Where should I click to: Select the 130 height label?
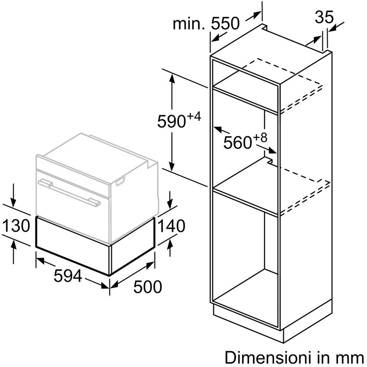click(16, 226)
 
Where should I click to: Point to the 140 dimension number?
click(171, 226)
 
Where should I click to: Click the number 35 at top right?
click(324, 17)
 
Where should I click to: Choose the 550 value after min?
click(225, 24)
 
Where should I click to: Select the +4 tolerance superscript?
click(194, 117)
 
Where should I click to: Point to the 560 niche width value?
click(237, 143)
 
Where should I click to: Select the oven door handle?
click(69, 192)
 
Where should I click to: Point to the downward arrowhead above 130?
click(13, 203)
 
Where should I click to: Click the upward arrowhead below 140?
click(170, 244)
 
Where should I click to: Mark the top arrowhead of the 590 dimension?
click(172, 78)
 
